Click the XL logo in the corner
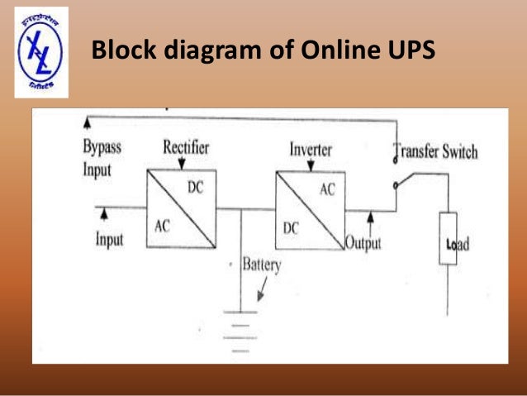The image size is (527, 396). (40, 51)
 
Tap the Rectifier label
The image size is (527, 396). (186, 148)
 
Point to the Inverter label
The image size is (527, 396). (311, 150)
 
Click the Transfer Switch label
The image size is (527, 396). (435, 152)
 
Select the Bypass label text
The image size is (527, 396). (102, 147)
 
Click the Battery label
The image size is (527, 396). (261, 265)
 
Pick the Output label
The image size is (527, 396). (363, 244)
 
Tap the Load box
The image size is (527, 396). (448, 238)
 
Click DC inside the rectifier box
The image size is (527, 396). (195, 188)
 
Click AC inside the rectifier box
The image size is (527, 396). (162, 226)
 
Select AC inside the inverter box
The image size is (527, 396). (327, 189)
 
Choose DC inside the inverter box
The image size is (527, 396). (291, 228)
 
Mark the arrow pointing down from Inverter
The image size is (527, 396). (308, 165)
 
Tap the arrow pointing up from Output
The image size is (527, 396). (371, 220)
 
